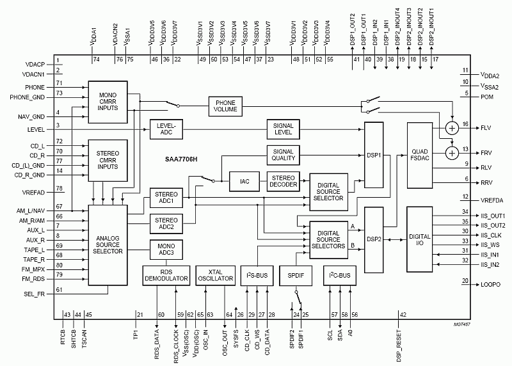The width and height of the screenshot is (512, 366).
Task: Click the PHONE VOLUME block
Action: tap(225, 106)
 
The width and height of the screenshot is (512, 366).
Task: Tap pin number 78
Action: tap(59, 189)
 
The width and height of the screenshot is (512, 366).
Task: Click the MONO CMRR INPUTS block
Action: tap(108, 102)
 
